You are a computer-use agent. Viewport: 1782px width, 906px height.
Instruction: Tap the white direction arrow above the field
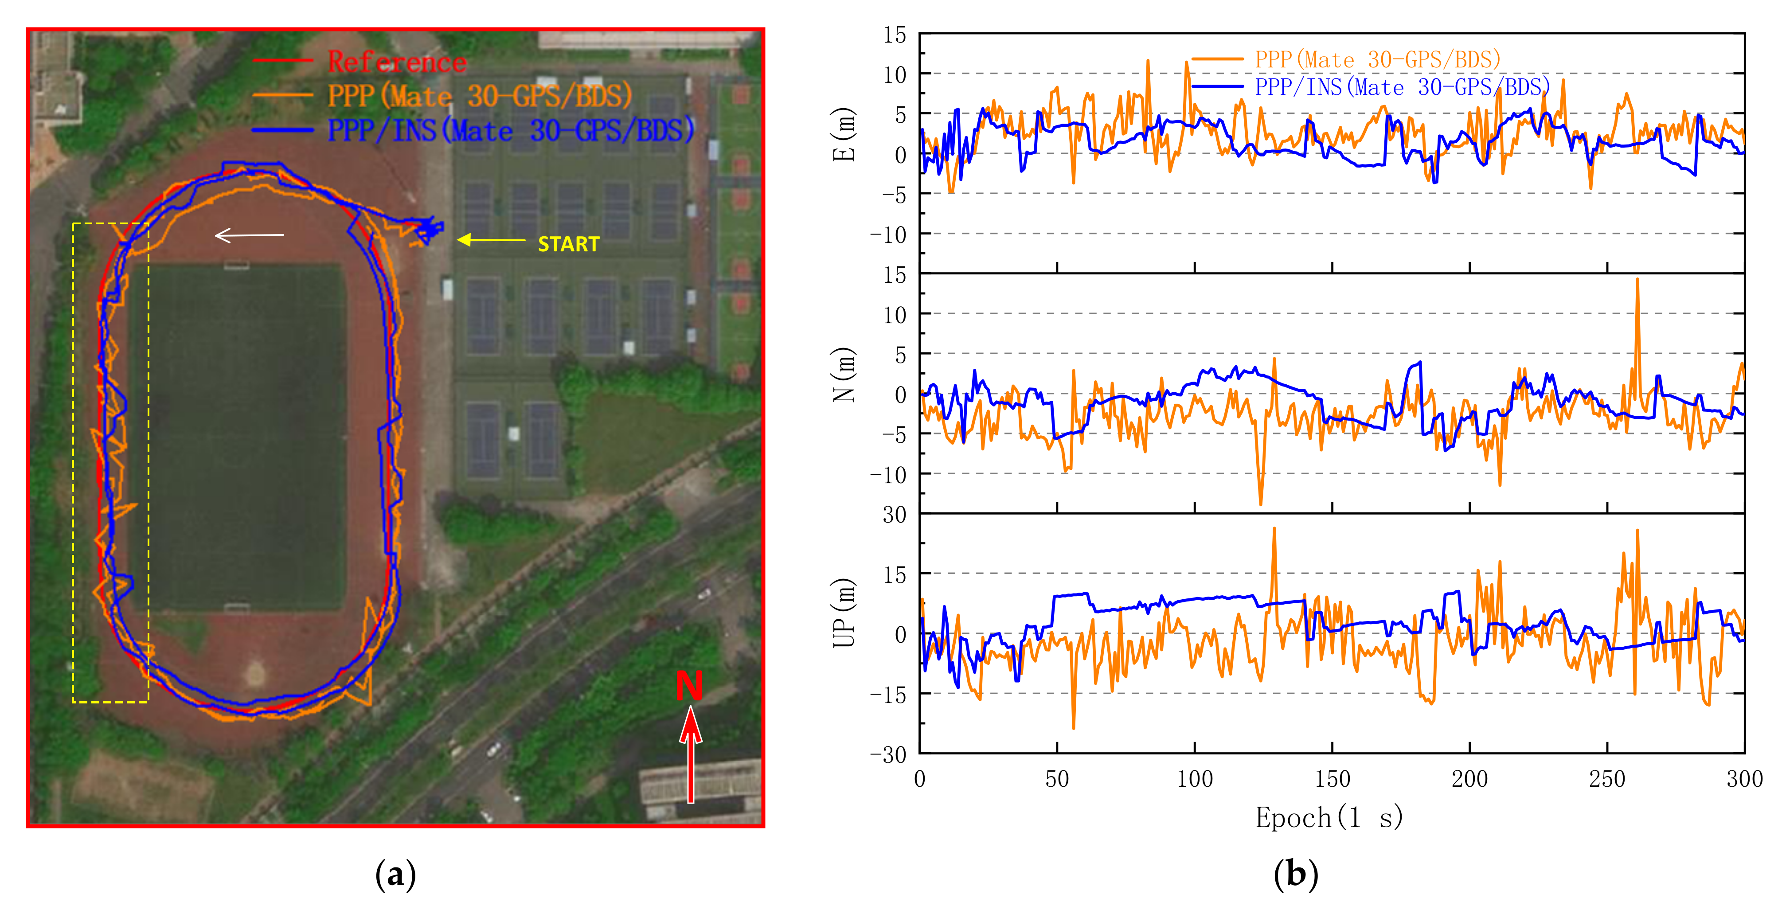[249, 236]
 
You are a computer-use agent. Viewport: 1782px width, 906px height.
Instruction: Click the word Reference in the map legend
[397, 62]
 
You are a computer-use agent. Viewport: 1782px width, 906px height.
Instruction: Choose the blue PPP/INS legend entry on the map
[511, 130]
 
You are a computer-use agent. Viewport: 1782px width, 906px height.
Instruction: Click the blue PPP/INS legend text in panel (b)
[1402, 87]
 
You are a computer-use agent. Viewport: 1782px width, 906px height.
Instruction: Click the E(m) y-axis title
[843, 134]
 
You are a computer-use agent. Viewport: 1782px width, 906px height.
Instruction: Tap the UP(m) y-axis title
[843, 613]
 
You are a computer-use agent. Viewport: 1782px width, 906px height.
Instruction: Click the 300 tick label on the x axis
[1744, 779]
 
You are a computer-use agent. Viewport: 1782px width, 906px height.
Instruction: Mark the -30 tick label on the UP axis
[888, 754]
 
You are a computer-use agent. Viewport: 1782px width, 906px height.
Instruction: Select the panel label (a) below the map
[396, 875]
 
